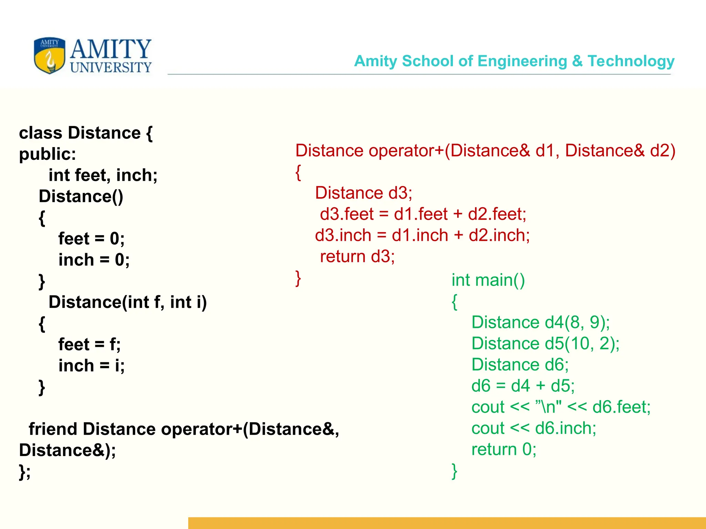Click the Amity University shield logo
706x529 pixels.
tap(49, 55)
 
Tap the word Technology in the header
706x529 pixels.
tap(631, 61)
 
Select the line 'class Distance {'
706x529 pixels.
tap(85, 133)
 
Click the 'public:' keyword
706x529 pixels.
tap(48, 154)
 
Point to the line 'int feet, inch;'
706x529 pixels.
tap(103, 175)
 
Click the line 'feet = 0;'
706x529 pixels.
tap(91, 239)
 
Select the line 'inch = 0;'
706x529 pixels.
tap(94, 260)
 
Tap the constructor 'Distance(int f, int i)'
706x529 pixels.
tap(128, 302)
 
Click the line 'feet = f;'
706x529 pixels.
tap(89, 344)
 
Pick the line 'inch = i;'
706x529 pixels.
tap(91, 365)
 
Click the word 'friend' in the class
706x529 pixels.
tap(53, 429)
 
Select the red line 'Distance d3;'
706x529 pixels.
tap(363, 193)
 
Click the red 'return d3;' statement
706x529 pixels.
tap(357, 257)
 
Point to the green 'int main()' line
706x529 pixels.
tap(488, 280)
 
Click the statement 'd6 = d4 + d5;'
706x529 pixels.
tap(523, 386)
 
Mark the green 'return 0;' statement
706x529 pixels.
tap(504, 449)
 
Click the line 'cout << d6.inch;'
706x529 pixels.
tap(534, 428)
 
